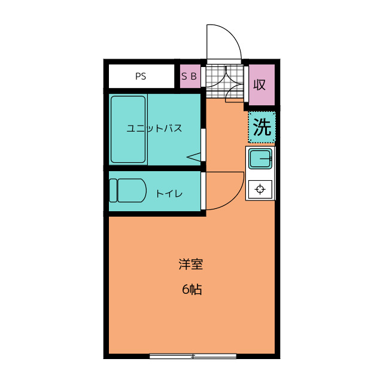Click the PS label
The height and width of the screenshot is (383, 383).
pyautogui.click(x=141, y=77)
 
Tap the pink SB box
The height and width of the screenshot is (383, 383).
pyautogui.click(x=190, y=76)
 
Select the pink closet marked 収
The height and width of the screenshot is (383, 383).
pyautogui.click(x=262, y=85)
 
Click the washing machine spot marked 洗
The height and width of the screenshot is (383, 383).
pyautogui.click(x=262, y=127)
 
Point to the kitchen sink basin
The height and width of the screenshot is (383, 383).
pyautogui.click(x=260, y=159)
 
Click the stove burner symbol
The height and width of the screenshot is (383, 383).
pyautogui.click(x=260, y=189)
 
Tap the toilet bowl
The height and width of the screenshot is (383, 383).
pyautogui.click(x=132, y=190)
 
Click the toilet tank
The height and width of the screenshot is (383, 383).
pyautogui.click(x=113, y=190)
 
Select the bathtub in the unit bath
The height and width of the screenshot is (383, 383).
pyautogui.click(x=128, y=129)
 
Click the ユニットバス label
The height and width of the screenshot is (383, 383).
pyautogui.click(x=154, y=129)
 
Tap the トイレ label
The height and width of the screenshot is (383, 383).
pyautogui.click(x=169, y=194)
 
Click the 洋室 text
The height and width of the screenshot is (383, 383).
pyautogui.click(x=191, y=265)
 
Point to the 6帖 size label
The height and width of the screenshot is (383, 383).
pyautogui.click(x=192, y=290)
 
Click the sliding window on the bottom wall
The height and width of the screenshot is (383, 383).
pyautogui.click(x=193, y=356)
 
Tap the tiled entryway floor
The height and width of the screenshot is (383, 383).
pyautogui.click(x=225, y=81)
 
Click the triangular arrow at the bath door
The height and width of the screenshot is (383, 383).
pyautogui.click(x=193, y=157)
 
